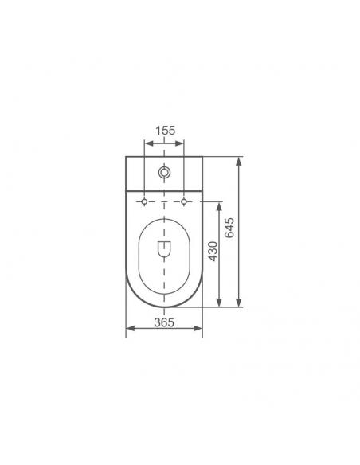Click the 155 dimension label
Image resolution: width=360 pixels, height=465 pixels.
(x=166, y=131)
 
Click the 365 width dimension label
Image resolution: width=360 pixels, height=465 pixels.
(x=164, y=322)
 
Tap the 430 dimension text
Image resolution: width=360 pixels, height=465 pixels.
(x=213, y=252)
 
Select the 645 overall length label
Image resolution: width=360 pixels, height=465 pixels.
(x=229, y=228)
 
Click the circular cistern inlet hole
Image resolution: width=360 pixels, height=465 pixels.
(x=164, y=172)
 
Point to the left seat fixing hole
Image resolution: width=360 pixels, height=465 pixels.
(x=144, y=201)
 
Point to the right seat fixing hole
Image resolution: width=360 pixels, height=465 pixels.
(x=184, y=201)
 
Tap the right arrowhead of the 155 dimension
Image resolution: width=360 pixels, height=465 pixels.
(x=179, y=143)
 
